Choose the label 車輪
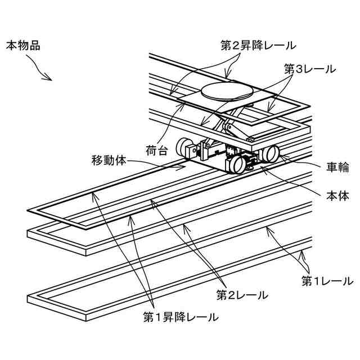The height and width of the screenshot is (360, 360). click(338, 167)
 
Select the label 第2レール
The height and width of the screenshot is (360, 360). click(242, 294)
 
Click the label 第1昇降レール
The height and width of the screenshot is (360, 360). click(180, 317)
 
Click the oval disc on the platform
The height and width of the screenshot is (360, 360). click(225, 91)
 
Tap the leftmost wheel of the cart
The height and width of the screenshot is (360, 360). click(184, 147)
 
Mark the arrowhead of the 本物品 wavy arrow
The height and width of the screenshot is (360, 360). click(51, 79)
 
